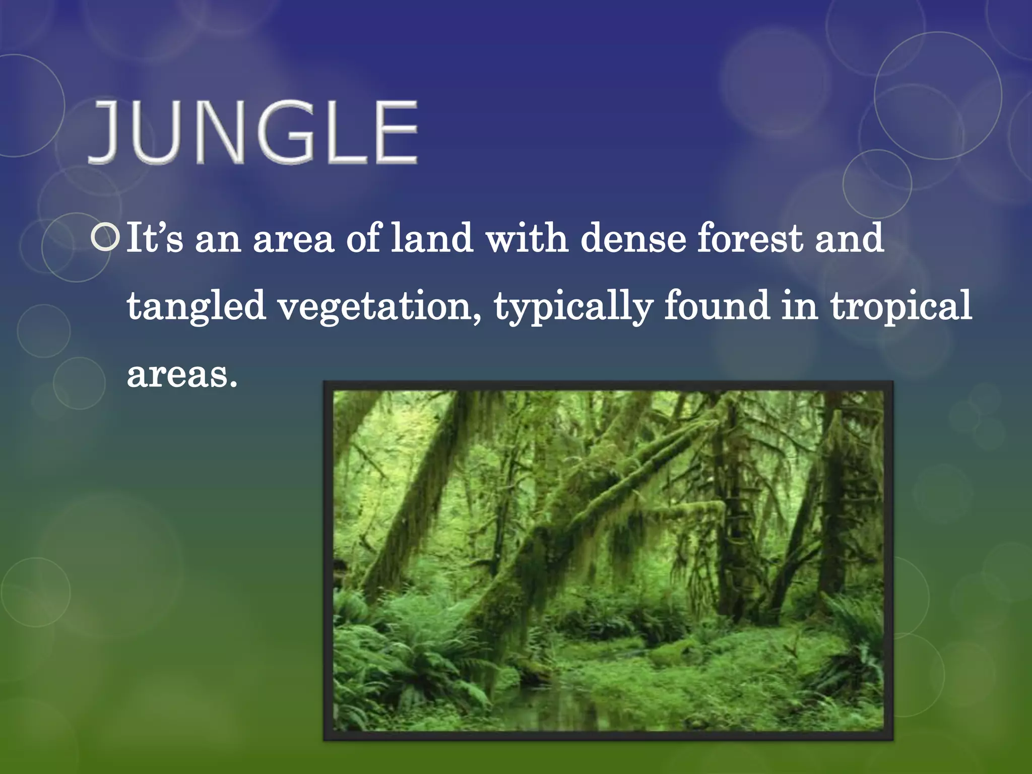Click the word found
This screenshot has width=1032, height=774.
[x=717, y=306]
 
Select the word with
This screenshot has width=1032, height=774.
[x=527, y=238]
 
